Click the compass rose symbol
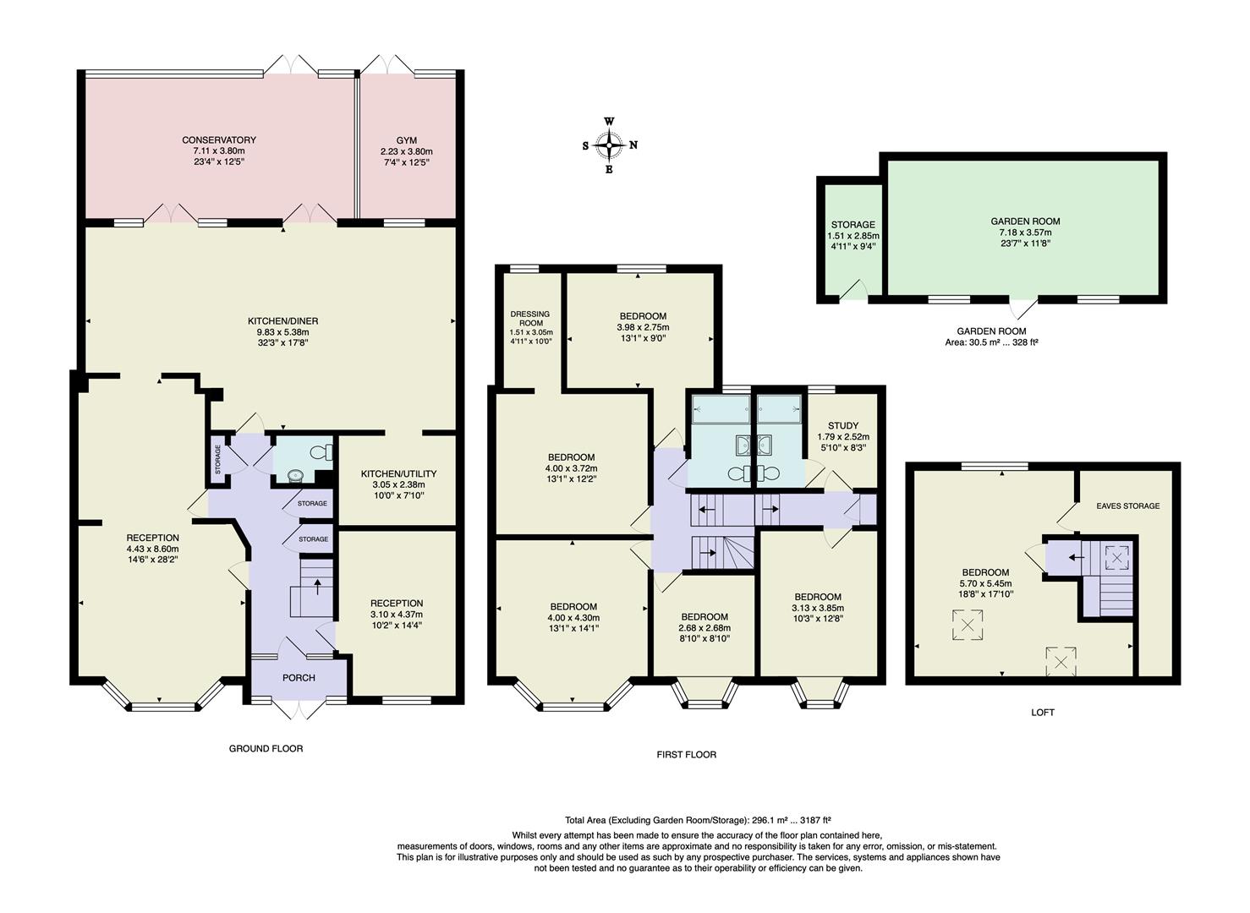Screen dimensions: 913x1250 609,145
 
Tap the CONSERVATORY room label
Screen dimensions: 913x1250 219,140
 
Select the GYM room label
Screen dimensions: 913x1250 406,140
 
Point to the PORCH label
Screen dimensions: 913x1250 299,678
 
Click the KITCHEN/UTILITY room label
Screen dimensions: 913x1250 398,473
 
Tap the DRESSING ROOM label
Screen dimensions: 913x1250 530,319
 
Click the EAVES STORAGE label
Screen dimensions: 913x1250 1127,506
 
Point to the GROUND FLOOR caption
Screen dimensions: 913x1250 266,749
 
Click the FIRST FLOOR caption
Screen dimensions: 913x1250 686,755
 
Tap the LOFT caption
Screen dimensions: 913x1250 1043,713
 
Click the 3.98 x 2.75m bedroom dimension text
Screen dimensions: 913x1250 643,328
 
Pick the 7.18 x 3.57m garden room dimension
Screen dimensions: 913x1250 1025,232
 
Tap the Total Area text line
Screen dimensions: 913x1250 698,820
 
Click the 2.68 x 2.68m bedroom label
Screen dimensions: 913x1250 704,628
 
